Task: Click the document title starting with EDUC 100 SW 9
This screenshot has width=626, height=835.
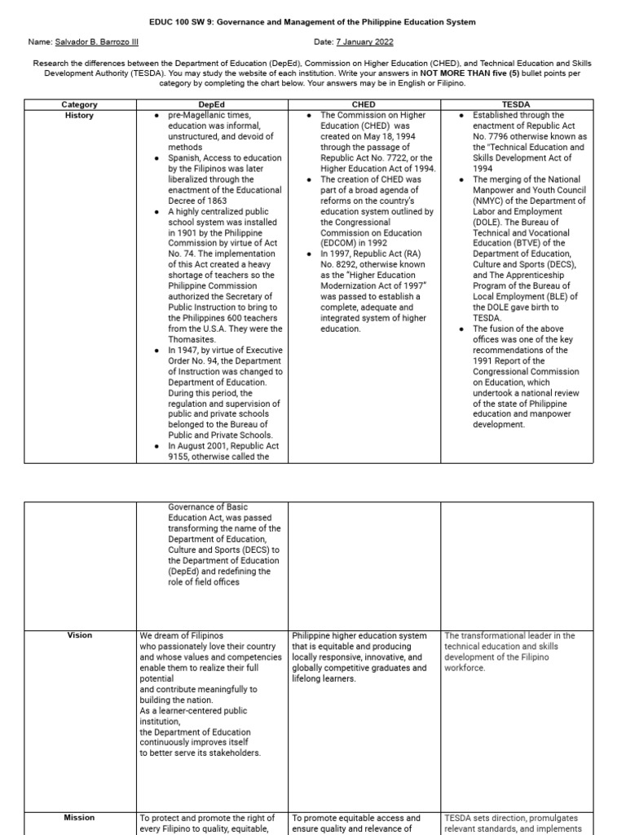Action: tap(313, 22)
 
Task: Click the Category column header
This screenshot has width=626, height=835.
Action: tap(79, 104)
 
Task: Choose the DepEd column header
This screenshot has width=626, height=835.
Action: tap(214, 104)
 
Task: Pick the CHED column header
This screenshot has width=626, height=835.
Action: tap(364, 104)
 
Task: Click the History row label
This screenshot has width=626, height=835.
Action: tap(79, 116)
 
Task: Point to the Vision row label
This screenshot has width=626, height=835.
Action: tap(79, 635)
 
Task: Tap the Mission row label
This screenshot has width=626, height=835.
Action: tap(79, 817)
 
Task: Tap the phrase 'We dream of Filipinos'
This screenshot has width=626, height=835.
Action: tap(182, 636)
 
